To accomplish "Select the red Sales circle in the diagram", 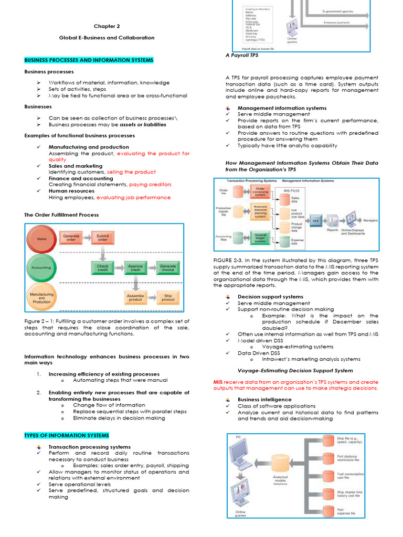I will click(x=41, y=239).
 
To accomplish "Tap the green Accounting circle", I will click(x=41, y=267).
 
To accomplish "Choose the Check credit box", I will click(x=103, y=268).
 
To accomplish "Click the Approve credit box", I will click(x=135, y=268).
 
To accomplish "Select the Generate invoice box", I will click(x=168, y=268).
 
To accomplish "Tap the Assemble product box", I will click(x=135, y=297).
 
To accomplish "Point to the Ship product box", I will click(x=168, y=297).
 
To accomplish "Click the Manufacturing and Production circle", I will click(x=41, y=298).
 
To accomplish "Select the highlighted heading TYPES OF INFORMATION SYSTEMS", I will click(x=67, y=435).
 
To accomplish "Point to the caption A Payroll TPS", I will click(x=242, y=55).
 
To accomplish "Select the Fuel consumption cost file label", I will click(x=348, y=476).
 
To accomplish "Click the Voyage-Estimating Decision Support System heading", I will click(x=295, y=370).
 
